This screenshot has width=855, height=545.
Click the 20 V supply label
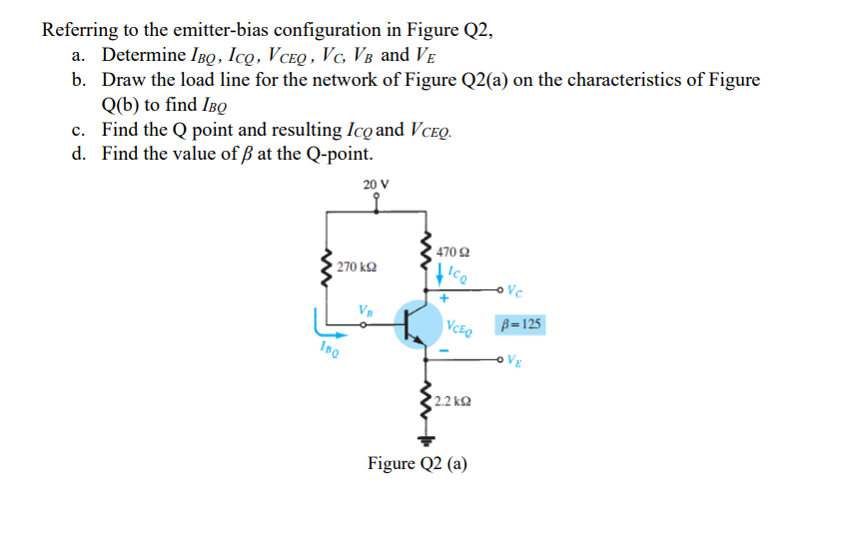[377, 184]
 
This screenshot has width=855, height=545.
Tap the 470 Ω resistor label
[451, 253]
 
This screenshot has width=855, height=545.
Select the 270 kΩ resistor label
[356, 268]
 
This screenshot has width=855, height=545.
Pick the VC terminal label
[513, 291]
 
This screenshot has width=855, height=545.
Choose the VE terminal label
[513, 360]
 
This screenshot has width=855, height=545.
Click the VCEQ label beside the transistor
[461, 325]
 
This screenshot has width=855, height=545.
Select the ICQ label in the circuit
[455, 270]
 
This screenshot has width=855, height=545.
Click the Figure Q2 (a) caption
[417, 464]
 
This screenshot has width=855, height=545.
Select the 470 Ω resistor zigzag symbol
[428, 254]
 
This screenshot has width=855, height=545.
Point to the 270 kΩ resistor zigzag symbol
[325, 268]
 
